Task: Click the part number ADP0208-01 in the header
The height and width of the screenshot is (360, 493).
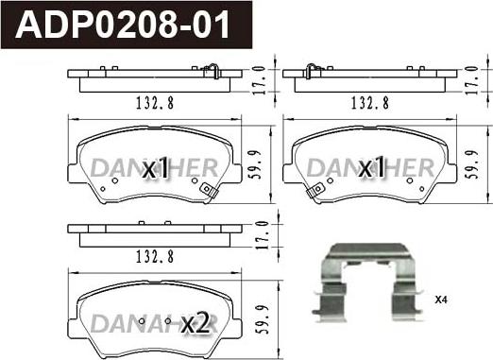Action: [x=123, y=25]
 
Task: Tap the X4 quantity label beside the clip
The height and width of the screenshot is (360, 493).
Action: [x=441, y=300]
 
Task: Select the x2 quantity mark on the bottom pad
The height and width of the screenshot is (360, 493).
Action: [x=195, y=322]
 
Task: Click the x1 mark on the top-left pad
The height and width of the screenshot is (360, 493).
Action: [x=156, y=167]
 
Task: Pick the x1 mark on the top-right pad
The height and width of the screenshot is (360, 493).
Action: [x=372, y=167]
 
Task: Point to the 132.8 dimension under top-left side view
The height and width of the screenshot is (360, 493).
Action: [x=155, y=103]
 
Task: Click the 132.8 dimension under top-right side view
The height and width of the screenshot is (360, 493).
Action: [x=370, y=103]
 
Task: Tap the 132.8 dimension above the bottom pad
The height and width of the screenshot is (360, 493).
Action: [x=155, y=257]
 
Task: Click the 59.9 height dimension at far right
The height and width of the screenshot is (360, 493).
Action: [x=473, y=164]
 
